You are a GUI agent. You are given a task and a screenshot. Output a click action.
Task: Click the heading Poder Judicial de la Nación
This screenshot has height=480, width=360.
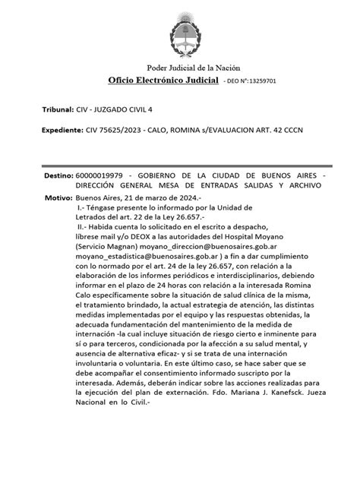[x=180, y=68]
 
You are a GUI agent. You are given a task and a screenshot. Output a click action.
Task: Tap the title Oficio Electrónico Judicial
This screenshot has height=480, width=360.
[x=163, y=81]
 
